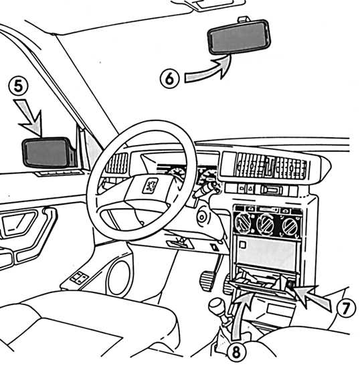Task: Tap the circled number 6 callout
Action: pyautogui.click(x=169, y=79)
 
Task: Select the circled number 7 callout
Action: pyautogui.click(x=346, y=308)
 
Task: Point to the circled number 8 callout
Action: pyautogui.click(x=237, y=352)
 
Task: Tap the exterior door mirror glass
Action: pyautogui.click(x=48, y=152)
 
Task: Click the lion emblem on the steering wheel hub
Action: pyautogui.click(x=150, y=185)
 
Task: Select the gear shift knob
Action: pyautogui.click(x=217, y=306)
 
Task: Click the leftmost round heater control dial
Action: pyautogui.click(x=244, y=222)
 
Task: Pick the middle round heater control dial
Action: pyautogui.click(x=266, y=225)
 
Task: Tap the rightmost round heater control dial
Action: pyautogui.click(x=290, y=226)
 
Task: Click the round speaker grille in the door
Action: pyautogui.click(x=118, y=278)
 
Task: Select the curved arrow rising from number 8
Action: pyautogui.click(x=242, y=317)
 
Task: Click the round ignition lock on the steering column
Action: pyautogui.click(x=202, y=217)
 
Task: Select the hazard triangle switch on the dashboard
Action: pyautogui.click(x=250, y=188)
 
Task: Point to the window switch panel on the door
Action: pyautogui.click(x=79, y=278)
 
